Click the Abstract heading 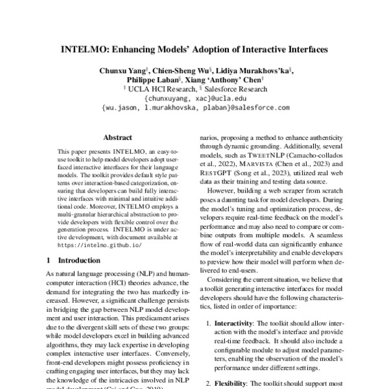(118, 137)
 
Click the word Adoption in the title (215, 48)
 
